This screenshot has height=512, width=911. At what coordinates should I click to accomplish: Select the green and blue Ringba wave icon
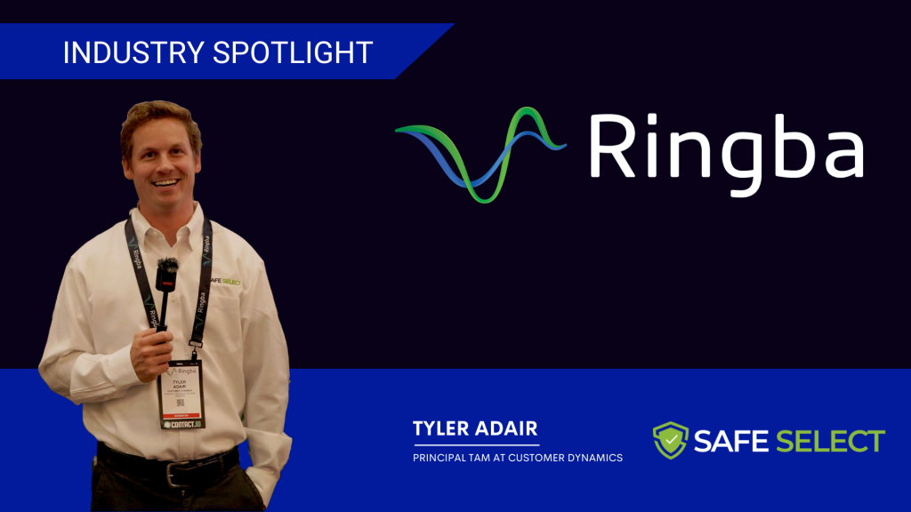480,151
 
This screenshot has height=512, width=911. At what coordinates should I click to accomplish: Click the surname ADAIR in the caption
508,430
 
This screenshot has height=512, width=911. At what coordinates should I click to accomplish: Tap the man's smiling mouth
166,184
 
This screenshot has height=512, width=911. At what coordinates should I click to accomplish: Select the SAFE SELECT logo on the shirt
223,283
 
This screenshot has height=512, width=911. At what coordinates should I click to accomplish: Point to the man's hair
160,120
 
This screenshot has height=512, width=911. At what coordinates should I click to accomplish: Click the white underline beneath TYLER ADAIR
476,444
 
